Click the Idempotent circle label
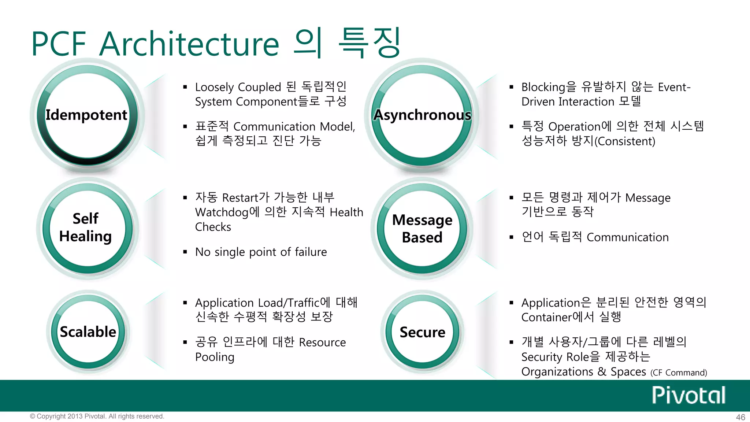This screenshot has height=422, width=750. click(x=86, y=115)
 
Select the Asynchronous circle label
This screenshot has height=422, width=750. click(x=422, y=115)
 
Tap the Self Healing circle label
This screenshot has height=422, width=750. click(x=86, y=227)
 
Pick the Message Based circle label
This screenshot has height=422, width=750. click(x=422, y=229)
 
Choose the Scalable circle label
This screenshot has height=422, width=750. click(x=88, y=332)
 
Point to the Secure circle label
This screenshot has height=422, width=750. click(x=422, y=332)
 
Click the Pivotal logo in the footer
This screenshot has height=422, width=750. click(x=688, y=395)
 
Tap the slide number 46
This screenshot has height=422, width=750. click(x=740, y=417)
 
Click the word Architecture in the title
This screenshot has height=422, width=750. click(x=189, y=44)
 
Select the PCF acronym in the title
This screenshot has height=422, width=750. click(x=59, y=44)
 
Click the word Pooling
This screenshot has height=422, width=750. click(x=215, y=357)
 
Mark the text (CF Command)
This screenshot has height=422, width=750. click(x=679, y=373)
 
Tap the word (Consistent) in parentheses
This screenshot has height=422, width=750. click(x=625, y=141)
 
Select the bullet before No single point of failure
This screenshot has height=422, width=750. click(x=185, y=252)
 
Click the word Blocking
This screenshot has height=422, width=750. click(x=543, y=88)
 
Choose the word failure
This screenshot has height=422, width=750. click(x=311, y=252)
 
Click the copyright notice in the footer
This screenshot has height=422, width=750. click(x=97, y=417)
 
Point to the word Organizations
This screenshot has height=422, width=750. click(x=557, y=372)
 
